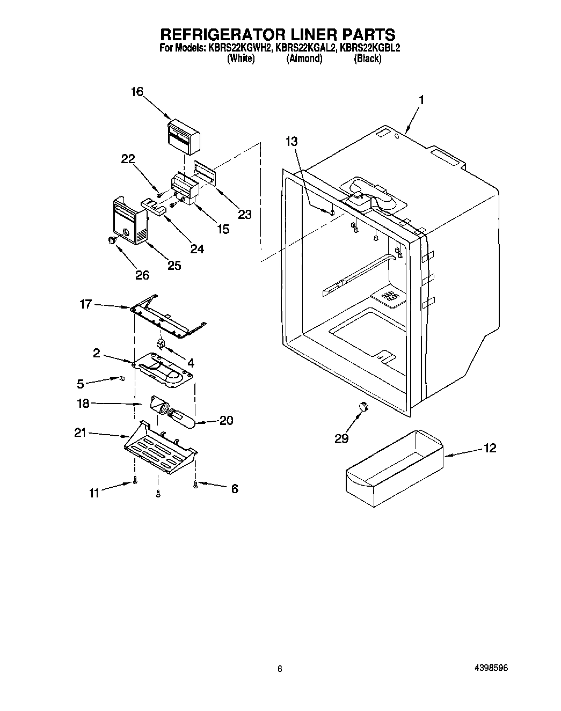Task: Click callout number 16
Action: [x=137, y=92]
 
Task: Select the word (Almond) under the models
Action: [x=304, y=59]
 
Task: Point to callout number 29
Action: [x=341, y=438]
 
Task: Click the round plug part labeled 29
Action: [x=365, y=406]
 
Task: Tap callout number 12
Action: [x=490, y=448]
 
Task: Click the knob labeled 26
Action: [x=112, y=240]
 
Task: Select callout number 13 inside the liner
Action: [x=292, y=141]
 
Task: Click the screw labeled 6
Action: [x=196, y=485]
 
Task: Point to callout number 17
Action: [x=85, y=304]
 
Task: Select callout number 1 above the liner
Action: [x=422, y=100]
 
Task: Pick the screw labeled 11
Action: [x=135, y=481]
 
